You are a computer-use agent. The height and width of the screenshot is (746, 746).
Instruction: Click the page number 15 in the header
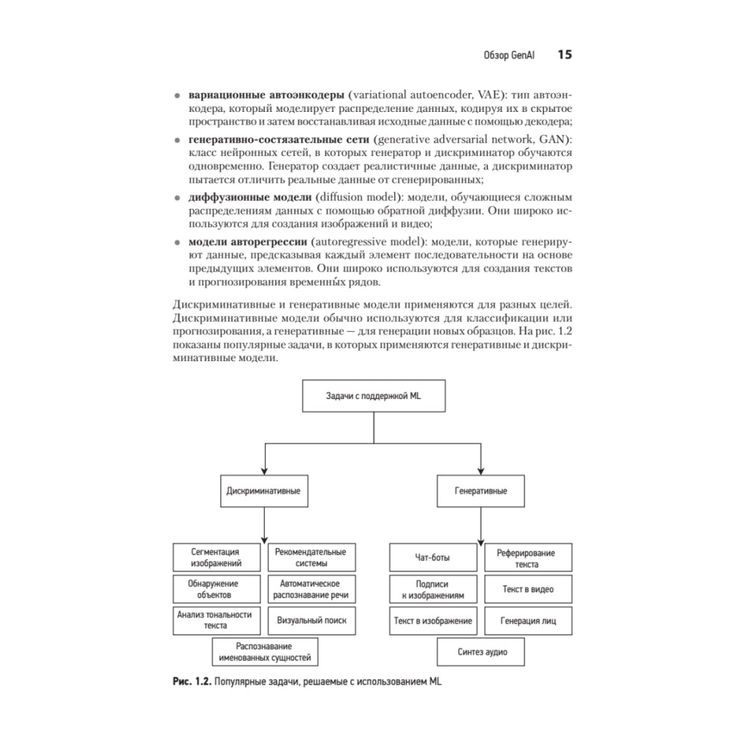564,55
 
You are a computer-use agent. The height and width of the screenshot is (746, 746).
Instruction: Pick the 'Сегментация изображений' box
216,557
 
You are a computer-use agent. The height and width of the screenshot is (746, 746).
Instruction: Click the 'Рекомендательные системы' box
310,557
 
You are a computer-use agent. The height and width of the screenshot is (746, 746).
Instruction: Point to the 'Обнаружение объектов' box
216,589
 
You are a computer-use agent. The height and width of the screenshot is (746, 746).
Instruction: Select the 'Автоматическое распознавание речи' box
310,589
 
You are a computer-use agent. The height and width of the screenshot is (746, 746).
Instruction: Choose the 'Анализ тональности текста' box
216,621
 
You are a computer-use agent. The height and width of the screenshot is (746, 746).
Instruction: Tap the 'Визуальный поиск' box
310,620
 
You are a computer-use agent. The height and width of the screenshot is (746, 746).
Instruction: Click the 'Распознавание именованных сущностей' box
264,652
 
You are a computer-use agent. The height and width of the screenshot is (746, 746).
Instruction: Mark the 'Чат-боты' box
433,557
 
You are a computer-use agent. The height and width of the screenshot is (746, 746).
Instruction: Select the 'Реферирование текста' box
528,557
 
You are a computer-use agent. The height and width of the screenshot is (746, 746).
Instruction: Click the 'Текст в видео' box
528,589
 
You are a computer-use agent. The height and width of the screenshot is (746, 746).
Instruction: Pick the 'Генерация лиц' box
528,620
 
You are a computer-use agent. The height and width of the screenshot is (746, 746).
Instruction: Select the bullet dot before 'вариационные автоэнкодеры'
177,96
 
